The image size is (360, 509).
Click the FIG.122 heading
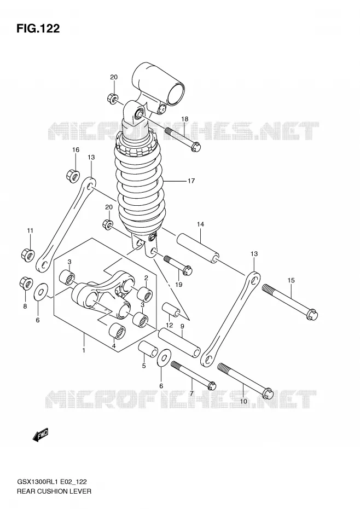38,28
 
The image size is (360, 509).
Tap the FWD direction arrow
40,435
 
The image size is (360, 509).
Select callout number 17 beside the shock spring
191,181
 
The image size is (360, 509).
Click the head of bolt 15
312,314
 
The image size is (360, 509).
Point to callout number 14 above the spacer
200,224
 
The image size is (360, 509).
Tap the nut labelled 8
26,283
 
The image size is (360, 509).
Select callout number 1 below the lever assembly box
84,350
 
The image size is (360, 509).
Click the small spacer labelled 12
171,309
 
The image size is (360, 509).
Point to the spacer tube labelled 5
148,349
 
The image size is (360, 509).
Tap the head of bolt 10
268,393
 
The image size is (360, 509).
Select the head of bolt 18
196,147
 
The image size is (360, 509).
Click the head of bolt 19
188,270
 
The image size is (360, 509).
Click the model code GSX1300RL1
36,482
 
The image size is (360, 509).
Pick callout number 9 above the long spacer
182,326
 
